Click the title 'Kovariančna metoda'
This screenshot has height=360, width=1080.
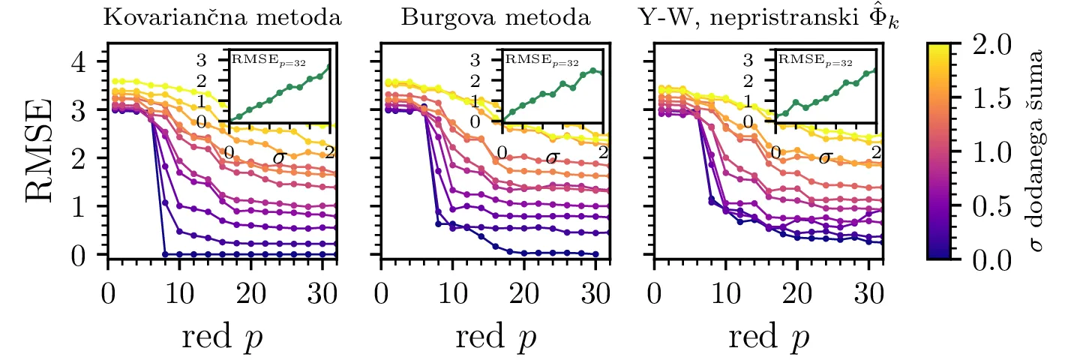tap(223, 19)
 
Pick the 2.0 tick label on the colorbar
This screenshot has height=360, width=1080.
tap(988, 43)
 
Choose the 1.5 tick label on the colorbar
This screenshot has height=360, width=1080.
tap(988, 97)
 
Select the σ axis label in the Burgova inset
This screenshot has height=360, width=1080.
tap(553, 157)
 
